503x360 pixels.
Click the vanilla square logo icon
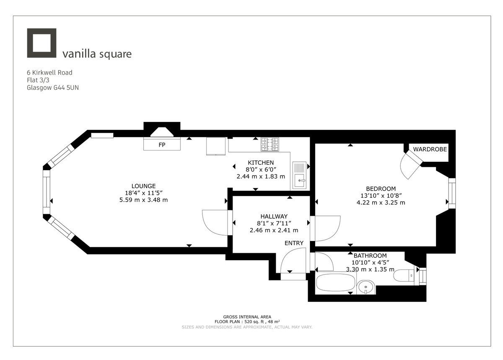tap(41, 43)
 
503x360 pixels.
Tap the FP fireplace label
tap(161, 145)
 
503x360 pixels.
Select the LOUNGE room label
tap(143, 186)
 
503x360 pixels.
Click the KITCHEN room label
tap(261, 163)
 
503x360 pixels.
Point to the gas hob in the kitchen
tap(270, 145)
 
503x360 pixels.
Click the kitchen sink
tap(300, 175)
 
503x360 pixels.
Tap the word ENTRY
tap(294, 243)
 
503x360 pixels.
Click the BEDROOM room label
tap(381, 189)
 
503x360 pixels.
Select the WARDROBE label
tap(430, 149)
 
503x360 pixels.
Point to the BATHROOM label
tap(370, 255)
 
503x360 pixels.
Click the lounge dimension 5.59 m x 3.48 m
tap(143, 200)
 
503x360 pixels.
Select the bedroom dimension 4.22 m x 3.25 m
tap(381, 202)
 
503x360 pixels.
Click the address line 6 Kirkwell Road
tap(49, 73)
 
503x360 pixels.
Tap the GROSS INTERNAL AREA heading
tap(247, 317)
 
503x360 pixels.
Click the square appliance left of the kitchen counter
tap(217, 145)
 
